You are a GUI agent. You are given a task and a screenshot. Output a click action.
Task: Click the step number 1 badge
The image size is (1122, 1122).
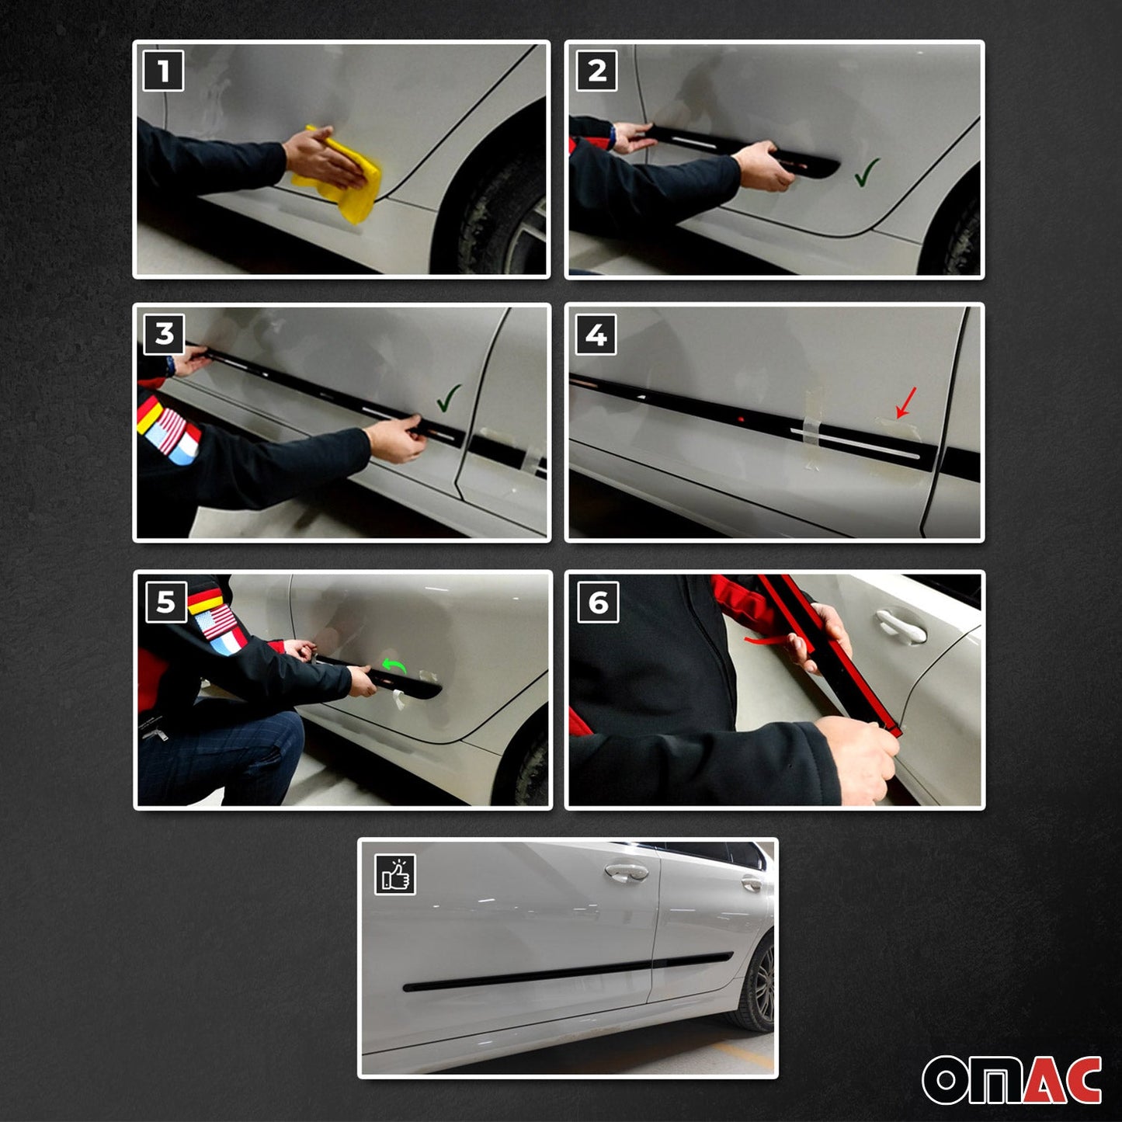coord(163,71)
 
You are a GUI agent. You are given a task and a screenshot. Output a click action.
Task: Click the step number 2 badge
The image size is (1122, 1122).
coord(596,71)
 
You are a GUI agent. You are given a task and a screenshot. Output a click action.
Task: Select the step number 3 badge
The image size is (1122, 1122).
coord(164,334)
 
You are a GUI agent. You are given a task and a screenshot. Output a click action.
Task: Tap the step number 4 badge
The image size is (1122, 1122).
coord(596,335)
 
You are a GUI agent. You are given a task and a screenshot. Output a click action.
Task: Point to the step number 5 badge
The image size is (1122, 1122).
coord(166,603)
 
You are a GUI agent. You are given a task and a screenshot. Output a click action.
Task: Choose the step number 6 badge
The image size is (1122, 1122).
coord(598,603)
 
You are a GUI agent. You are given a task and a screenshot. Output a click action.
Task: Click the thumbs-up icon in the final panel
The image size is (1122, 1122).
coord(395,875)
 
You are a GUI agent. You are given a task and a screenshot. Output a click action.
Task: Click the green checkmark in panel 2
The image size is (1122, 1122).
coord(867,172)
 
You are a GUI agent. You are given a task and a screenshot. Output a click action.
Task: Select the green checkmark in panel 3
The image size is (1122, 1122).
coord(449,398)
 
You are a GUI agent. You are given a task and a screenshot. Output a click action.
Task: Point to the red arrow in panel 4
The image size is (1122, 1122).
coord(906,401)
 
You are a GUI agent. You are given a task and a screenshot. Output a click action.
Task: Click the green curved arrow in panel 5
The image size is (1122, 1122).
coord(394,665)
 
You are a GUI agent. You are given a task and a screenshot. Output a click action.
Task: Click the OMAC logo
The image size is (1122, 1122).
coord(1012,1079)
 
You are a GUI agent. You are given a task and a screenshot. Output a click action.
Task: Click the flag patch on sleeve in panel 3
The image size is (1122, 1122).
coord(168,431)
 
